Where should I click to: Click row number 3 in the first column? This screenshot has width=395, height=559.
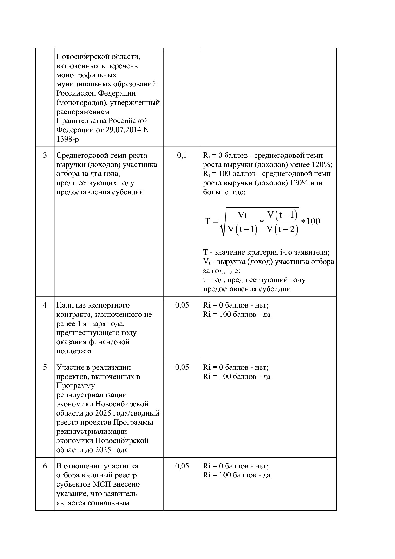point(45,156)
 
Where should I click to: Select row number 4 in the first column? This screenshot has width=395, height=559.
point(45,305)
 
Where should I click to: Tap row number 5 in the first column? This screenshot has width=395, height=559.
point(45,367)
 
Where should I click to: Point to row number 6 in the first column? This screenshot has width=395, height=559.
point(45,466)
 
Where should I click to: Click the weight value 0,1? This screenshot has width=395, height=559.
point(182,156)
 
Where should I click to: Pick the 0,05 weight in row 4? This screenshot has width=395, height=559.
point(182,305)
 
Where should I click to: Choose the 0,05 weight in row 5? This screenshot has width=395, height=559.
point(182,367)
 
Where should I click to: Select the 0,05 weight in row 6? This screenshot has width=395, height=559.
point(182,466)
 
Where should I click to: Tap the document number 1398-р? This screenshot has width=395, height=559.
point(68,139)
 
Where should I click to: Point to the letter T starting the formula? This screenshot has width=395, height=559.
point(207,221)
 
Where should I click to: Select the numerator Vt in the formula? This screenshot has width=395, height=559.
point(242,215)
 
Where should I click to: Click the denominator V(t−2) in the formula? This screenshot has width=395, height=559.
point(282,229)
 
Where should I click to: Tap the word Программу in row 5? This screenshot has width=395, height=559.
point(75,386)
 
